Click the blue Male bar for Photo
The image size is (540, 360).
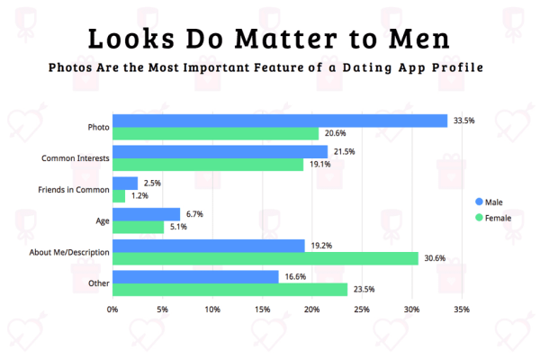tap(280, 121)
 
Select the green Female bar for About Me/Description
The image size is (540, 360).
tap(265, 258)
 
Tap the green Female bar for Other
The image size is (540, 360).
tap(229, 290)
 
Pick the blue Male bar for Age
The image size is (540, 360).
tap(146, 214)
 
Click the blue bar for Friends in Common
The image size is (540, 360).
tap(125, 183)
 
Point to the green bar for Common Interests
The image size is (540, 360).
tap(208, 165)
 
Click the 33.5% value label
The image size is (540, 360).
tap(463, 121)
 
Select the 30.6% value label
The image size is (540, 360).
tap(434, 258)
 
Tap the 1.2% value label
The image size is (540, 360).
tap(138, 195)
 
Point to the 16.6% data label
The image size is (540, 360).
tap(294, 277)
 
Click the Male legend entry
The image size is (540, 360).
tap(494, 201)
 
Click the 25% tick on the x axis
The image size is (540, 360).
tap(362, 310)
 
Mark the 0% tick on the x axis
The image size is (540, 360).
tap(112, 310)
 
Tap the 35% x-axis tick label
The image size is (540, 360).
tap(462, 310)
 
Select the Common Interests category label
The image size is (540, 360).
tap(76, 158)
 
